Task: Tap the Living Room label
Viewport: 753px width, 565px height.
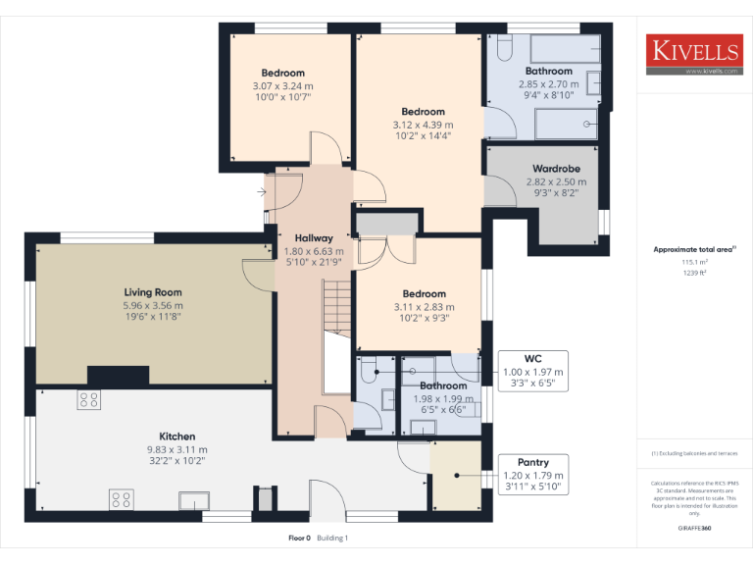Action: coord(153,292)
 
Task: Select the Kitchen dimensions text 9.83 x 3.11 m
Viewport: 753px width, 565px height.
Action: coord(177,449)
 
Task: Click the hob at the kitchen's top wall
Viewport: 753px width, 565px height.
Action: coord(88,399)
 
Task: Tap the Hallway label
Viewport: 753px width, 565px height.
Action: coord(314,238)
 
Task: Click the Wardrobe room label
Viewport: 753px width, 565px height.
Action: coord(556,169)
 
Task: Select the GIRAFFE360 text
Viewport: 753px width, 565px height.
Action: coord(694,529)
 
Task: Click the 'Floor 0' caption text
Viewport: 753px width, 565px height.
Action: coord(299,538)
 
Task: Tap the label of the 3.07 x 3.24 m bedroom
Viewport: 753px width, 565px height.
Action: coord(282,73)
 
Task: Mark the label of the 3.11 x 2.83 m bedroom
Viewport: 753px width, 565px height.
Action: coord(424,294)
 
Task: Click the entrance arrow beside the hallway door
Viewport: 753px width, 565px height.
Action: coord(261,193)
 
